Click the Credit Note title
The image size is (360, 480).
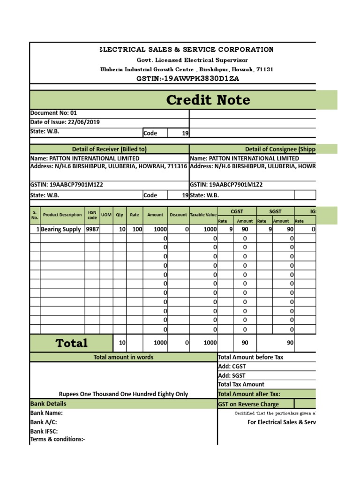208,100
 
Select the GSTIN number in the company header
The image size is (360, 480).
187,78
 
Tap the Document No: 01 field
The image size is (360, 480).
53,113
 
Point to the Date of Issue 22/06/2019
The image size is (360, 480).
65,122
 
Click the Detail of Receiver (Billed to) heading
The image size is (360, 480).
109,149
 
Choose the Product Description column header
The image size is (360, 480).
62,215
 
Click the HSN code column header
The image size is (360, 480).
92,215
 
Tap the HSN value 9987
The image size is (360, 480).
92,229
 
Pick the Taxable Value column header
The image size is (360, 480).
203,215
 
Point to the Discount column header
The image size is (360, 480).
178,215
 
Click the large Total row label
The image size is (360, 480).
71,343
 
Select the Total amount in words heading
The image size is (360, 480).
123,357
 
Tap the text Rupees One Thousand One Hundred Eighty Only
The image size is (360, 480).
123,394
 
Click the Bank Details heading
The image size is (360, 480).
48,404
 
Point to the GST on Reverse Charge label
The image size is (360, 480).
248,404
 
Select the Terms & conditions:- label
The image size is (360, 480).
58,439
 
